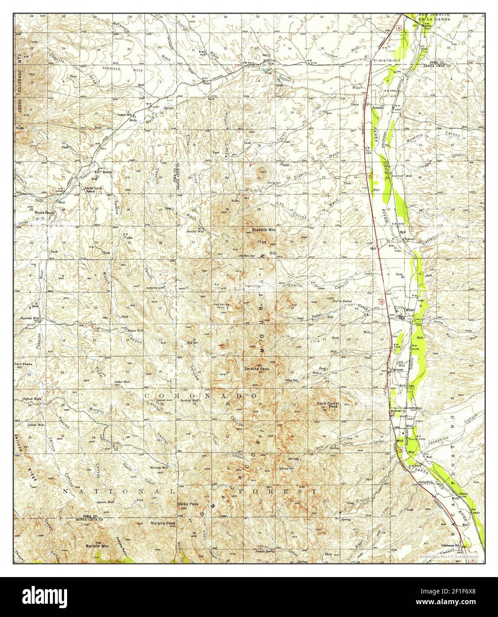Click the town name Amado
(x=378, y=108)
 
